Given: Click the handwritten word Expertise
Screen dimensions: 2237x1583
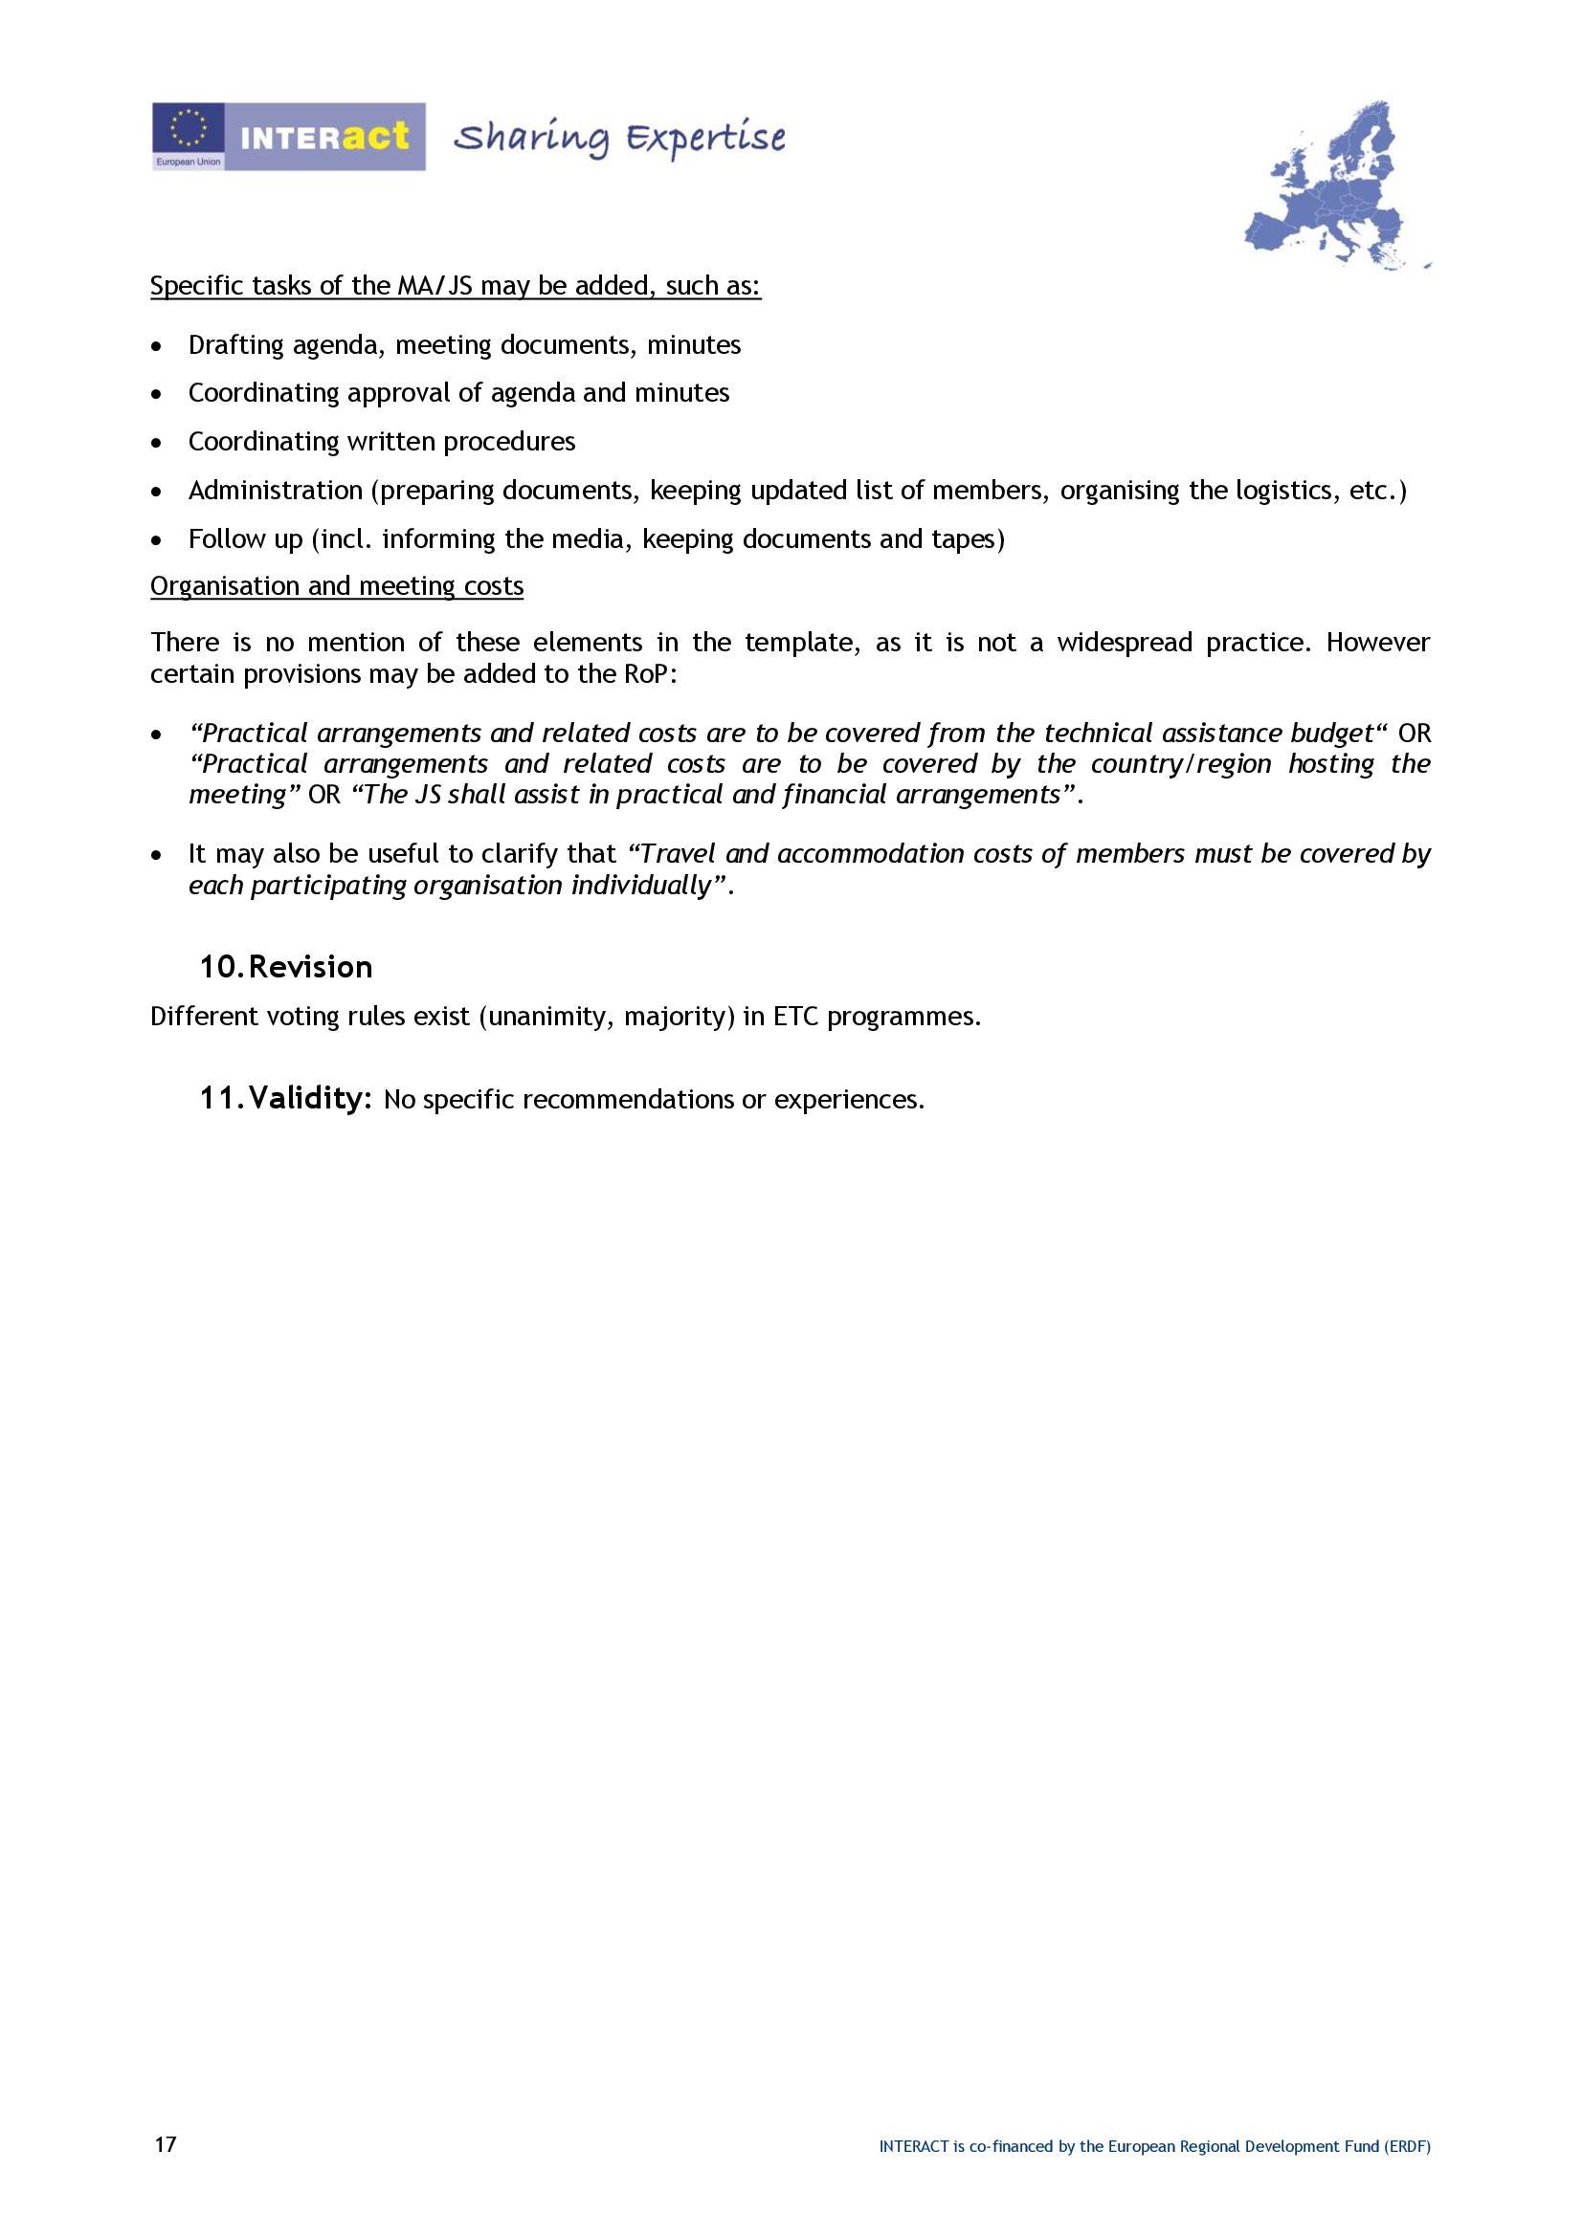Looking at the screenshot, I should tap(704, 139).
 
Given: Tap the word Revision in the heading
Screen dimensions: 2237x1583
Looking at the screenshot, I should tap(311, 968).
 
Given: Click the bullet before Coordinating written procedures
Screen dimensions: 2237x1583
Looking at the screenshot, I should tap(157, 444).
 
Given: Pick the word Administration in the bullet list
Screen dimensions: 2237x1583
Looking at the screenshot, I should tap(275, 490).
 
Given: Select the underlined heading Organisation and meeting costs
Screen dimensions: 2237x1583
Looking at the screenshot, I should tap(336, 586).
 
